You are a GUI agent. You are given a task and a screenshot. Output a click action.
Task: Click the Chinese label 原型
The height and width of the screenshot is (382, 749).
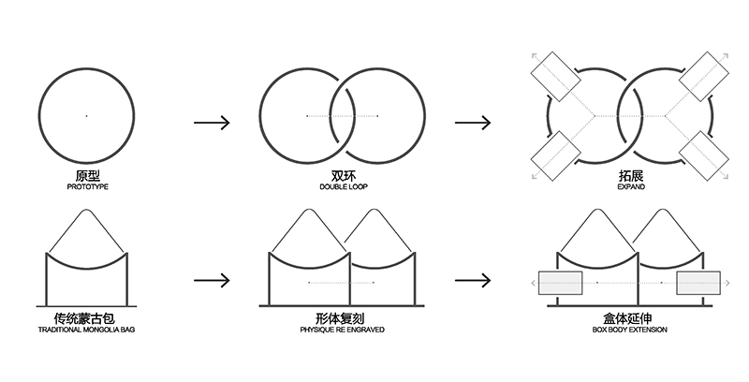pos(87,175)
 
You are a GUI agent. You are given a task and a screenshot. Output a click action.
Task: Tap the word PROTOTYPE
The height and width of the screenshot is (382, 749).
pos(87,187)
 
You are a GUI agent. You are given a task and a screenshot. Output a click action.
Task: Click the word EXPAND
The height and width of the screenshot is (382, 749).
pos(630,187)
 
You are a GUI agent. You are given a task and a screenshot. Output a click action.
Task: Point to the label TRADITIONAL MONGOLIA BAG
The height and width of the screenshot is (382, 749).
pos(87,331)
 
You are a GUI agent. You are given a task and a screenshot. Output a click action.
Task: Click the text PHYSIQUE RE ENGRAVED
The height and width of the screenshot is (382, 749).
pos(342,331)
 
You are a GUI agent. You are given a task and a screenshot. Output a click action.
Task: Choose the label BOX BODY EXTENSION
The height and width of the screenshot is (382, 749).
pos(630,331)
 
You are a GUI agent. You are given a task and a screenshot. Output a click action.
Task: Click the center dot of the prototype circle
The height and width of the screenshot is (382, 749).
pos(87,115)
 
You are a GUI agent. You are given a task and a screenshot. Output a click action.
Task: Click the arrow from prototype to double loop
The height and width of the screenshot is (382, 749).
pos(212,123)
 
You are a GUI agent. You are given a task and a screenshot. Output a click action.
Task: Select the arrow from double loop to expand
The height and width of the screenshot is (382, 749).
pos(473,123)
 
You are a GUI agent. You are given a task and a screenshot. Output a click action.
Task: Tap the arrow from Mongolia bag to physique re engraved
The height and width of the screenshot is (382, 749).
pos(212,280)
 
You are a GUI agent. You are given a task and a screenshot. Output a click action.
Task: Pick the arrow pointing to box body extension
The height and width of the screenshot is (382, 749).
pos(473,280)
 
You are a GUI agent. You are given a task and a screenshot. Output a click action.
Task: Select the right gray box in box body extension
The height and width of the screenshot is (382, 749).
pos(698,282)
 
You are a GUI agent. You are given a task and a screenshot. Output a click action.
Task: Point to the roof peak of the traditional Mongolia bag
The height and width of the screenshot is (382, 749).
pos(87,211)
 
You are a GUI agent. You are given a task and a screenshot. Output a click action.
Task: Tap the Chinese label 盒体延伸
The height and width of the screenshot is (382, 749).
pos(630,318)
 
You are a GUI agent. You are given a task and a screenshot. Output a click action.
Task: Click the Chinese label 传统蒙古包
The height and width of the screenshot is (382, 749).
pos(87,318)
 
